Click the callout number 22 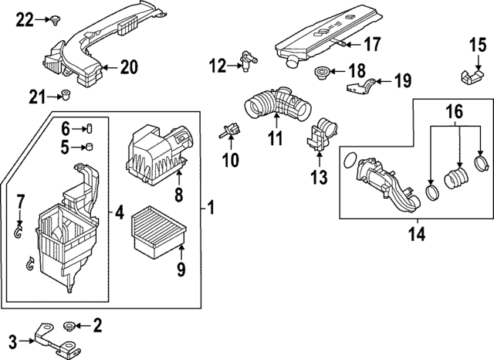coord(26,19)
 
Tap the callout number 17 coord(372,44)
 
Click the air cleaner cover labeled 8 coord(157,151)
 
